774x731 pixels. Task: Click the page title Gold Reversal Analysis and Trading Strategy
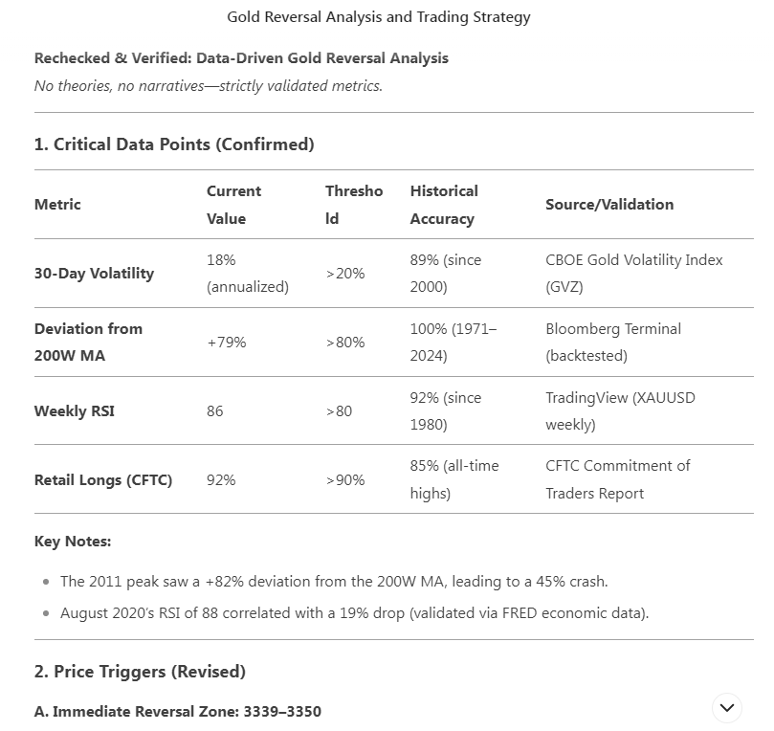coord(378,17)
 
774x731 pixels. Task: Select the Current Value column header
coord(233,205)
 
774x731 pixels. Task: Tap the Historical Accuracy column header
coord(444,205)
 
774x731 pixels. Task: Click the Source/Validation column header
coord(609,205)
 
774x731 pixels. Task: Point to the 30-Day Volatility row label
coord(94,274)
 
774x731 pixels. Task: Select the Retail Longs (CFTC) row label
coord(103,480)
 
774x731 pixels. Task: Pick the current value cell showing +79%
coord(226,343)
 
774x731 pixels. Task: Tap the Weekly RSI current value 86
coord(215,411)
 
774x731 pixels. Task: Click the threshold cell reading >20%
coord(344,274)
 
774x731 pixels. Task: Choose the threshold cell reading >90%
coord(344,480)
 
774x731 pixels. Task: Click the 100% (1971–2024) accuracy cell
coord(453,343)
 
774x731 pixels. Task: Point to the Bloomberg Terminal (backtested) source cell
coord(613,343)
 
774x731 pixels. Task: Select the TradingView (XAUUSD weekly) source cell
coord(620,411)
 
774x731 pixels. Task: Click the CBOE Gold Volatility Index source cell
coord(633,274)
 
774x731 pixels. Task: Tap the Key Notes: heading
coord(73,542)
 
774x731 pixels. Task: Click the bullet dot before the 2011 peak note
coord(47,582)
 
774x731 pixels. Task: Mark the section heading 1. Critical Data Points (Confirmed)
coord(174,144)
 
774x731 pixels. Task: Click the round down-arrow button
coord(727,708)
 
